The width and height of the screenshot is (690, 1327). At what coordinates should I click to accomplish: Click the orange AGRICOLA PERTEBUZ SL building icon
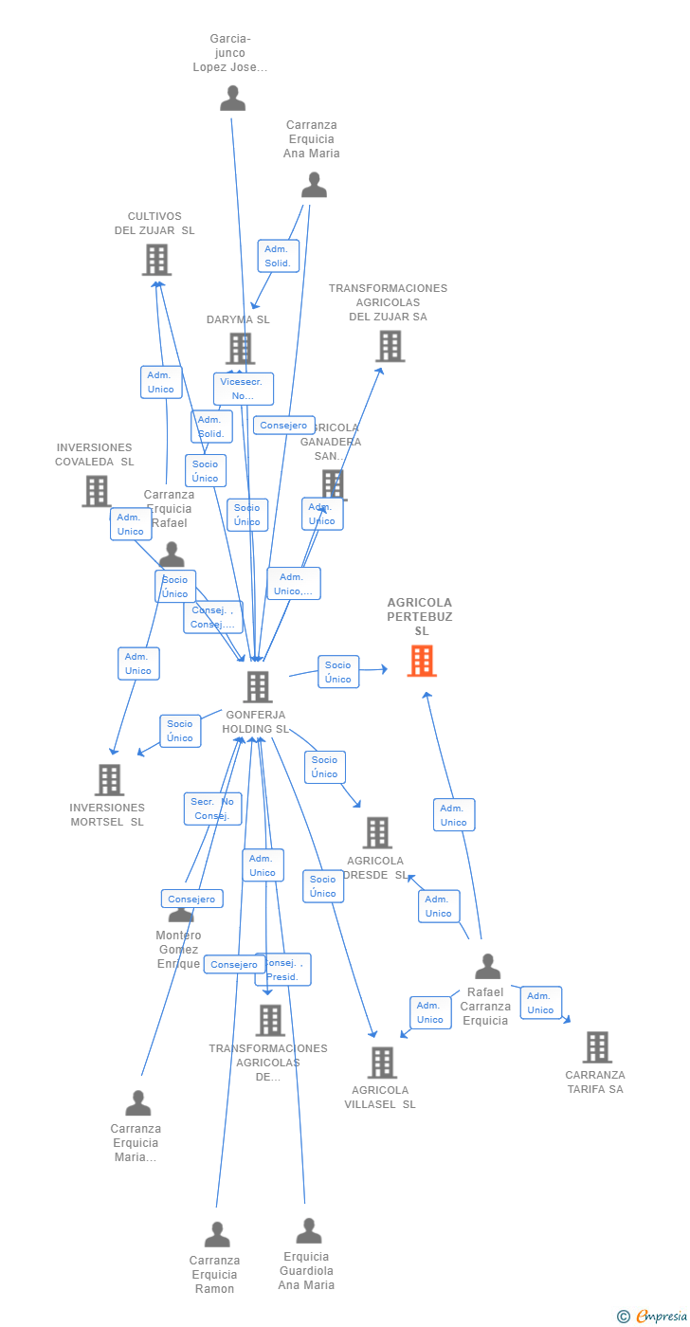click(422, 661)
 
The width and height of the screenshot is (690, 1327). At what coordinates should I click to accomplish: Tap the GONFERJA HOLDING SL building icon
click(258, 686)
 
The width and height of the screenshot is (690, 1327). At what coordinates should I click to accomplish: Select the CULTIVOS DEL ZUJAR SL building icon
click(157, 259)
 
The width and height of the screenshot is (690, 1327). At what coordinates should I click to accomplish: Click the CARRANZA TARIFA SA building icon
click(597, 1047)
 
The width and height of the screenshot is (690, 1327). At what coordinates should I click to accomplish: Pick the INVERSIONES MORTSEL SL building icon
click(110, 780)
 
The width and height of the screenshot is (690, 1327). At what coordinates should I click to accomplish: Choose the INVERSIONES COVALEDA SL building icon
click(97, 491)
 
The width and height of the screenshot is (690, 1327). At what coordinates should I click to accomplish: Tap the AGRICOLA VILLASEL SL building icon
click(382, 1063)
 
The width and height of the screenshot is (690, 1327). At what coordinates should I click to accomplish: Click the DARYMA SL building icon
click(240, 348)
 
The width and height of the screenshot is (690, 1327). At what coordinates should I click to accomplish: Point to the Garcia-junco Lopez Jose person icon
click(232, 99)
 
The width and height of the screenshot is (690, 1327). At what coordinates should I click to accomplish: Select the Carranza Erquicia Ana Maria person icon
click(314, 185)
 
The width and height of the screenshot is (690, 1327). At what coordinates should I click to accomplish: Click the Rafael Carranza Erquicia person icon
click(487, 967)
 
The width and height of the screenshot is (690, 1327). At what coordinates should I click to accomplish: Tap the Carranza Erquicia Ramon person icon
click(217, 1234)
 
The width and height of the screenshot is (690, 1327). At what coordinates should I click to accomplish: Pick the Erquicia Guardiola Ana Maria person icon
click(309, 1231)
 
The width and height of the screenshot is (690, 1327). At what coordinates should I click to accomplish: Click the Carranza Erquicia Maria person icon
click(138, 1103)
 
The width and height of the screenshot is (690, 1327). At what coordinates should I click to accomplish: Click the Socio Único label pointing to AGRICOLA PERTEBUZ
click(338, 672)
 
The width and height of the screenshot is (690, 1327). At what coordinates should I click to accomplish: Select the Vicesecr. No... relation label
click(244, 389)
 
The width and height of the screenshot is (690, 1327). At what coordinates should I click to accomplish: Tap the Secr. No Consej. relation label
click(212, 809)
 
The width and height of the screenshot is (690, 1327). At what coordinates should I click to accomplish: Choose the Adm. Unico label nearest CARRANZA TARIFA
click(540, 1003)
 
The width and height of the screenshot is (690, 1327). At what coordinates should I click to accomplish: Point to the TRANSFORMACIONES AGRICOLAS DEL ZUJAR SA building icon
click(390, 346)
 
